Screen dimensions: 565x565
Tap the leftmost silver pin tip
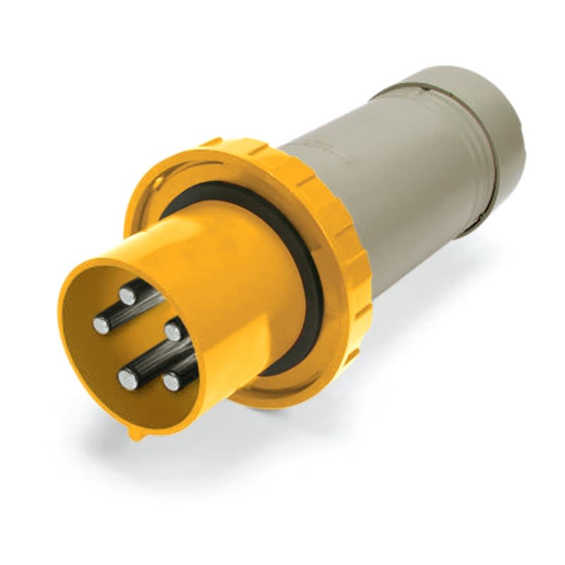(x=102, y=326)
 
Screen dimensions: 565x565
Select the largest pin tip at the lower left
(x=129, y=380)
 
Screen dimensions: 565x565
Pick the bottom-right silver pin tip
(x=172, y=382)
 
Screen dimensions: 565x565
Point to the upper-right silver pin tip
(x=174, y=330)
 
